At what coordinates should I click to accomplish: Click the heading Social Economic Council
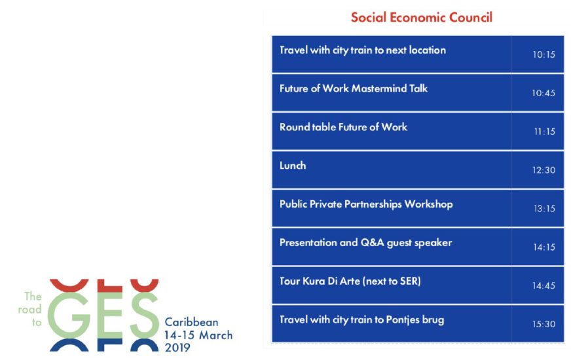click(x=421, y=18)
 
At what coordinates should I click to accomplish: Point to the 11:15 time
click(x=544, y=132)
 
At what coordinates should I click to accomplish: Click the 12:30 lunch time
click(x=543, y=170)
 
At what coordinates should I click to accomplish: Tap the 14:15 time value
click(x=544, y=247)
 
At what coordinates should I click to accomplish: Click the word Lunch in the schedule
click(x=293, y=166)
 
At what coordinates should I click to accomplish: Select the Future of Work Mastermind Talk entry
click(x=353, y=88)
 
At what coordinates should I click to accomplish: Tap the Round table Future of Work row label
click(x=343, y=127)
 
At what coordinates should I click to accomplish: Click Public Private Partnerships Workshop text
click(x=366, y=204)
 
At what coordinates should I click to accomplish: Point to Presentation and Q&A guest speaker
click(x=365, y=243)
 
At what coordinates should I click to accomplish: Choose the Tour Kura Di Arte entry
click(x=350, y=281)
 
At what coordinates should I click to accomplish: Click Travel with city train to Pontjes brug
click(x=361, y=320)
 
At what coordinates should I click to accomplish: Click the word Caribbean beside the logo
click(x=191, y=322)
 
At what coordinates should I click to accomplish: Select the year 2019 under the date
click(x=177, y=348)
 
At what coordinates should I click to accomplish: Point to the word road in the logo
click(x=30, y=310)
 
